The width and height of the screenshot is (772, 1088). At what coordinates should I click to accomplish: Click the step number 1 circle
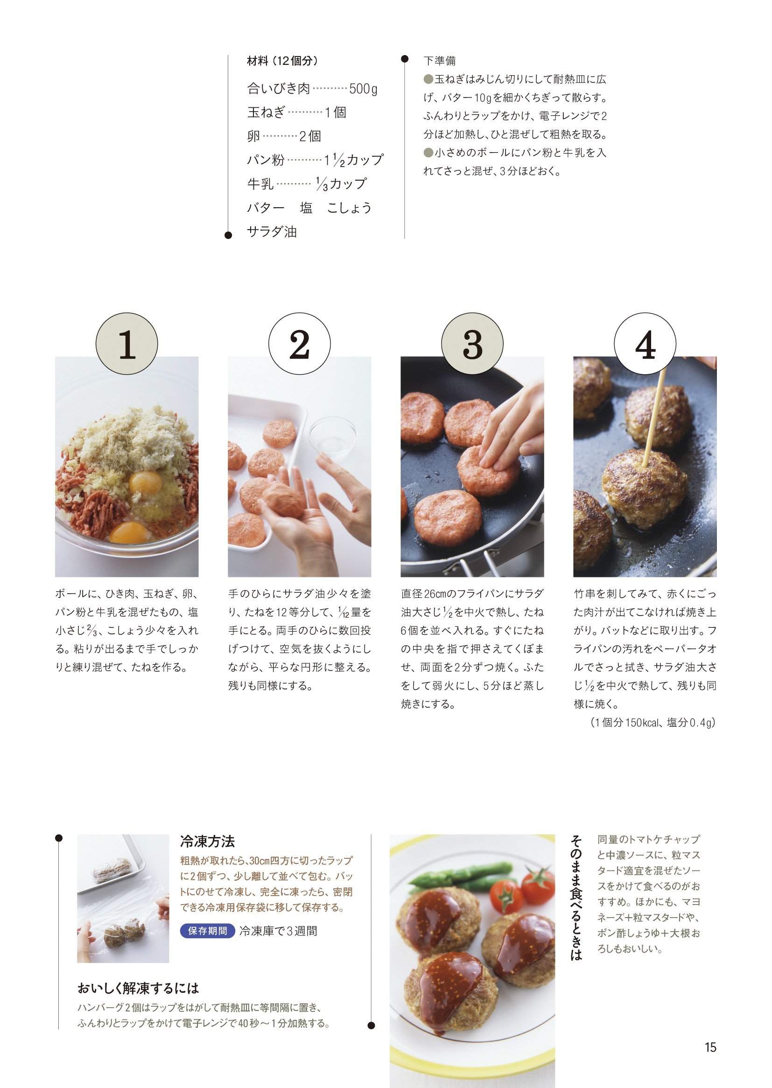click(x=126, y=344)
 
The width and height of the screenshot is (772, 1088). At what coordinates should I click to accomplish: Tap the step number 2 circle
click(x=300, y=344)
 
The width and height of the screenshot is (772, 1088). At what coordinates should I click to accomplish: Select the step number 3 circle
click(x=472, y=344)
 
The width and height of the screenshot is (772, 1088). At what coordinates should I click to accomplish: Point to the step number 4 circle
click(x=645, y=344)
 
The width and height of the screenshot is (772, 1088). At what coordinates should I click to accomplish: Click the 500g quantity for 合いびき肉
click(x=363, y=89)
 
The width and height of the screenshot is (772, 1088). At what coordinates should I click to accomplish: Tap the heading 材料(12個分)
click(x=282, y=61)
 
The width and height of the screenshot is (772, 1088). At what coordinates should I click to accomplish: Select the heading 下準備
click(x=439, y=61)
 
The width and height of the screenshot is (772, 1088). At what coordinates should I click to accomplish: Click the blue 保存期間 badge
click(x=207, y=931)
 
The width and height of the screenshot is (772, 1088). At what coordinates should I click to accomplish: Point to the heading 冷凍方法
click(x=207, y=841)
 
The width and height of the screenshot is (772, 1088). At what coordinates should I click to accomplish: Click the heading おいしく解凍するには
click(x=138, y=989)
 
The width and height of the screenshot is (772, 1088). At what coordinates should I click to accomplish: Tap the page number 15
click(x=710, y=1047)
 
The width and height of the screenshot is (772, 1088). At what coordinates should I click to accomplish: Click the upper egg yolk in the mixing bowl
click(x=145, y=483)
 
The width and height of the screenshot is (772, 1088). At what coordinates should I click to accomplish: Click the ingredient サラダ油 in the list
click(x=272, y=232)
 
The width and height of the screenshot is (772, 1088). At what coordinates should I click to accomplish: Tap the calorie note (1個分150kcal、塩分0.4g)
click(x=653, y=723)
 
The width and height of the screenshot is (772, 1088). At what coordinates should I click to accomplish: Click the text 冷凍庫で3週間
click(x=278, y=931)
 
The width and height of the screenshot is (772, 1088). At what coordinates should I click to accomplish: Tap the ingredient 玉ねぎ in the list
click(x=266, y=112)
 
